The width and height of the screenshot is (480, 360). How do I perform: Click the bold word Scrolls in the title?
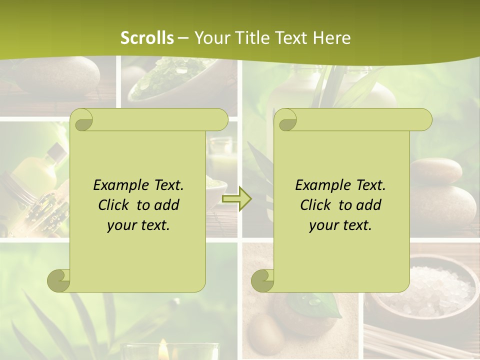click(147, 37)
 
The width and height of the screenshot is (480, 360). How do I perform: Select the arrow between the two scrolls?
click(236, 199)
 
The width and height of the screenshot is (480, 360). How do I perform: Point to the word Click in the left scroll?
click(115, 205)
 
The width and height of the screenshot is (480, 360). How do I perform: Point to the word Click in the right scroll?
click(317, 205)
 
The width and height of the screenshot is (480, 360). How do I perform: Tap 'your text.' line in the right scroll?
click(340, 225)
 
